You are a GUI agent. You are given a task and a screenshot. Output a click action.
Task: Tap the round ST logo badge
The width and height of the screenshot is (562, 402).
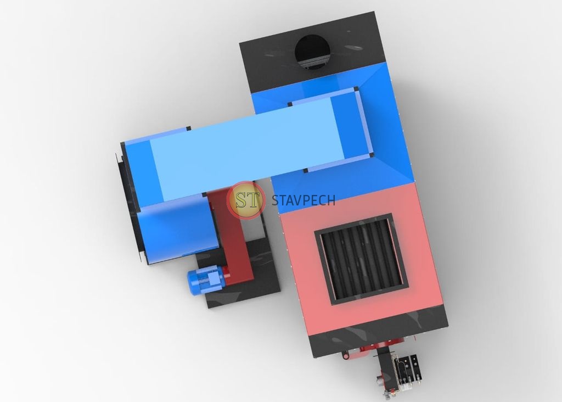246,200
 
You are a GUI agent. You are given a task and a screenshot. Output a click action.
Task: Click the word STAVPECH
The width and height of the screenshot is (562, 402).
303,200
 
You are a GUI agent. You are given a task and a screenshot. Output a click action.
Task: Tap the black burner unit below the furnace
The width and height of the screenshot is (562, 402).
398,373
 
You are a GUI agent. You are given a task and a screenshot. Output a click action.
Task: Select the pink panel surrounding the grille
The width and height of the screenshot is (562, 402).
362,258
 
